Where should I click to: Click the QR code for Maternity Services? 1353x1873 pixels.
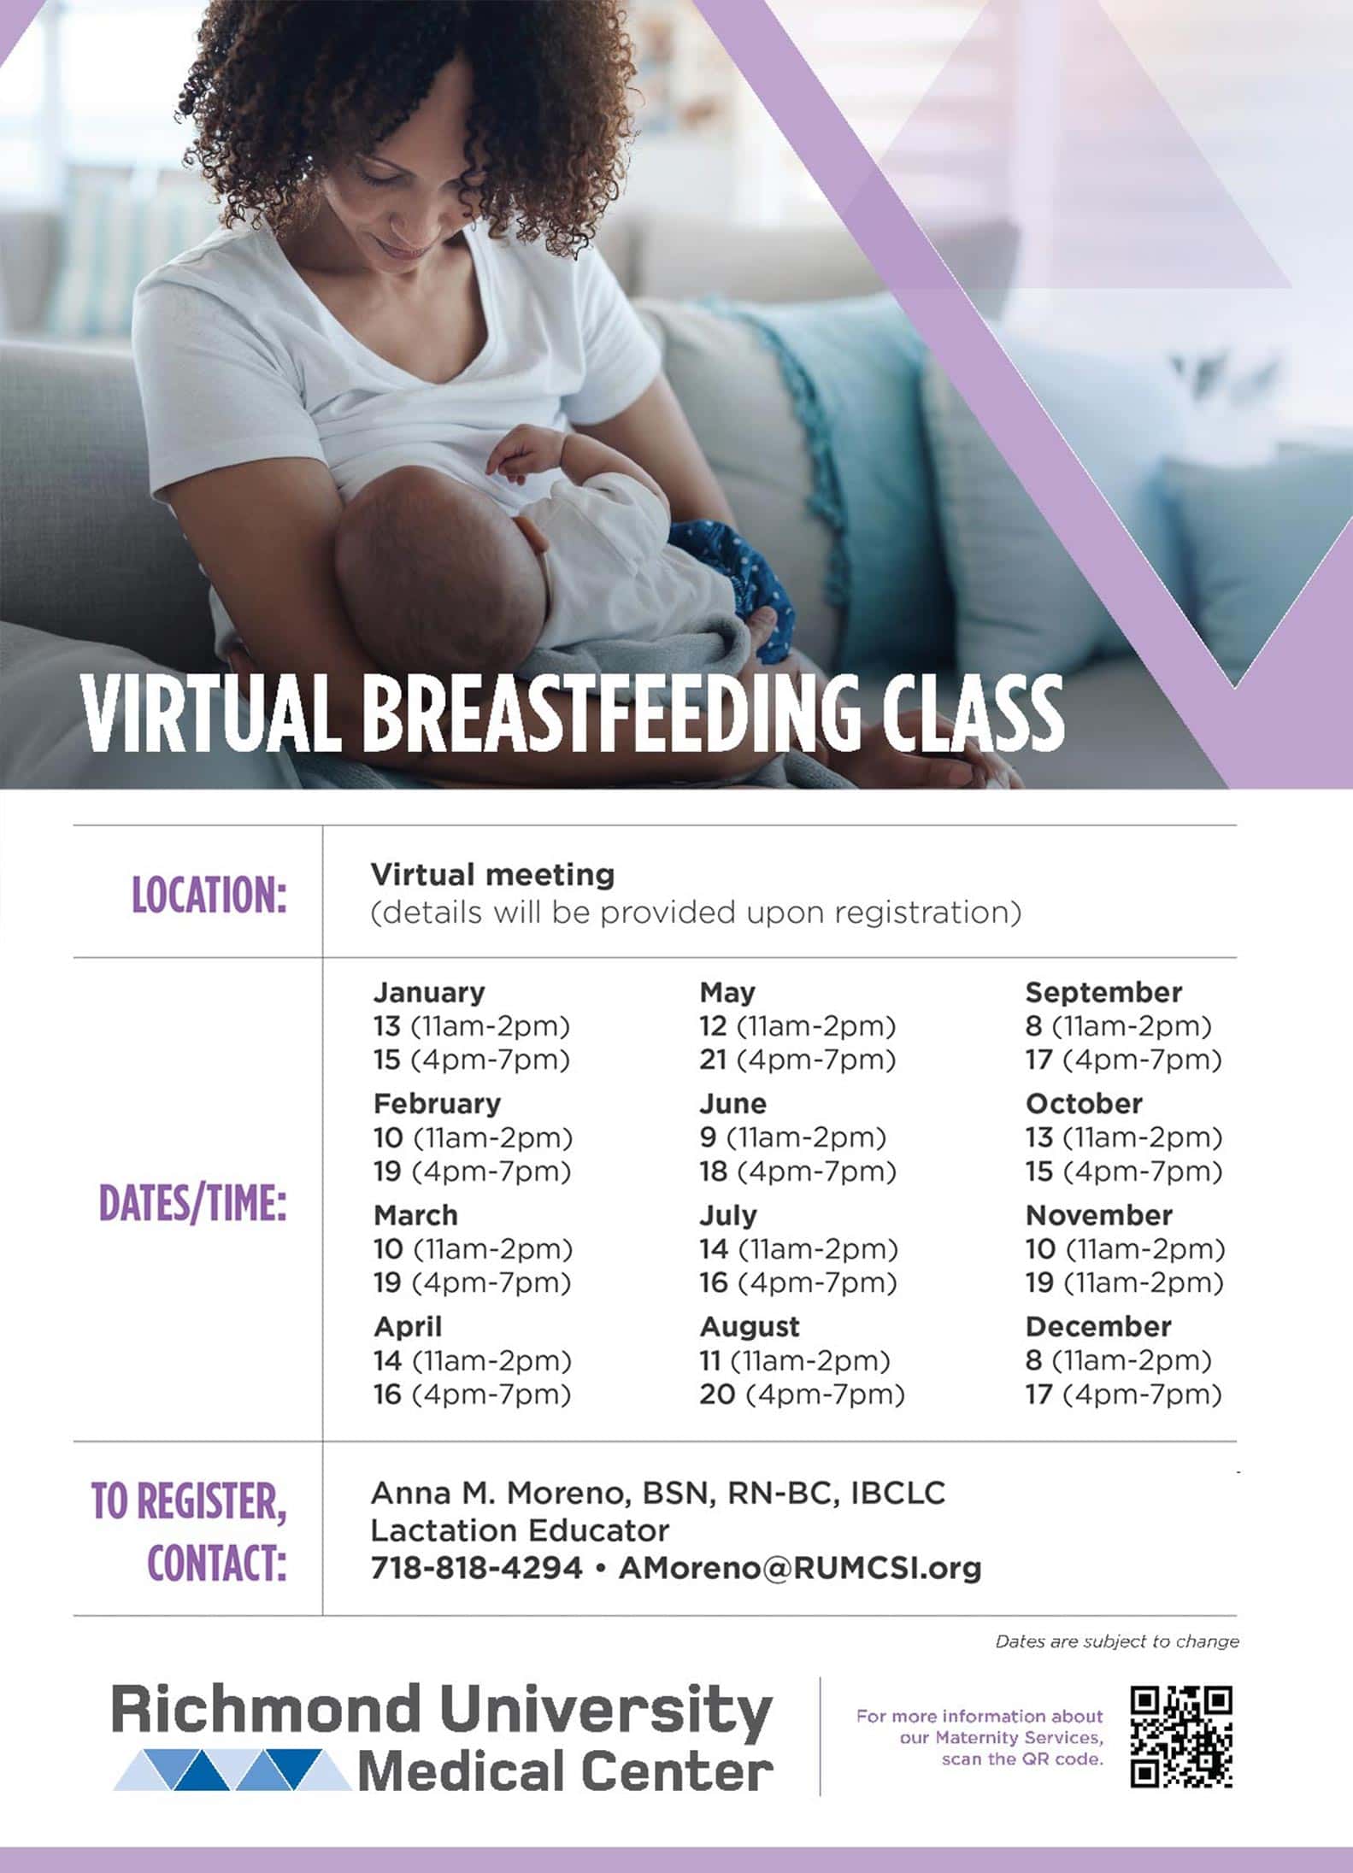(x=1181, y=1737)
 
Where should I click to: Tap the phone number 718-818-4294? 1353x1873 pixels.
(x=476, y=1568)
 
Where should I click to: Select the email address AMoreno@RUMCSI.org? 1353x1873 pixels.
(x=799, y=1568)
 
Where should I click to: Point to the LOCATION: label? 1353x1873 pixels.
(x=209, y=895)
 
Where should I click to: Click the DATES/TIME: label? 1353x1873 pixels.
(x=193, y=1203)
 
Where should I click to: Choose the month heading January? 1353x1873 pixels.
(x=429, y=992)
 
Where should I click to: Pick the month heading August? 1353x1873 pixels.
(x=750, y=1326)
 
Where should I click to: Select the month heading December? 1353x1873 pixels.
(x=1098, y=1326)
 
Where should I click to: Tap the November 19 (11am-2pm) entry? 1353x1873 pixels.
(x=1125, y=1283)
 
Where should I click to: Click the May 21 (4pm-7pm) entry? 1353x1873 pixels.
(x=797, y=1060)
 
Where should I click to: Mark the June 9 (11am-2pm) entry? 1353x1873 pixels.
(x=792, y=1137)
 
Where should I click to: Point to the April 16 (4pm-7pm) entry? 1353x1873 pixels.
(x=472, y=1394)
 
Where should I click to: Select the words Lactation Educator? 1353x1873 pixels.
(x=520, y=1530)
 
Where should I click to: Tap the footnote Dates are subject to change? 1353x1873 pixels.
(x=1117, y=1641)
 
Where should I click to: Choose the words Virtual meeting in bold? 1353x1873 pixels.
(x=492, y=874)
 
